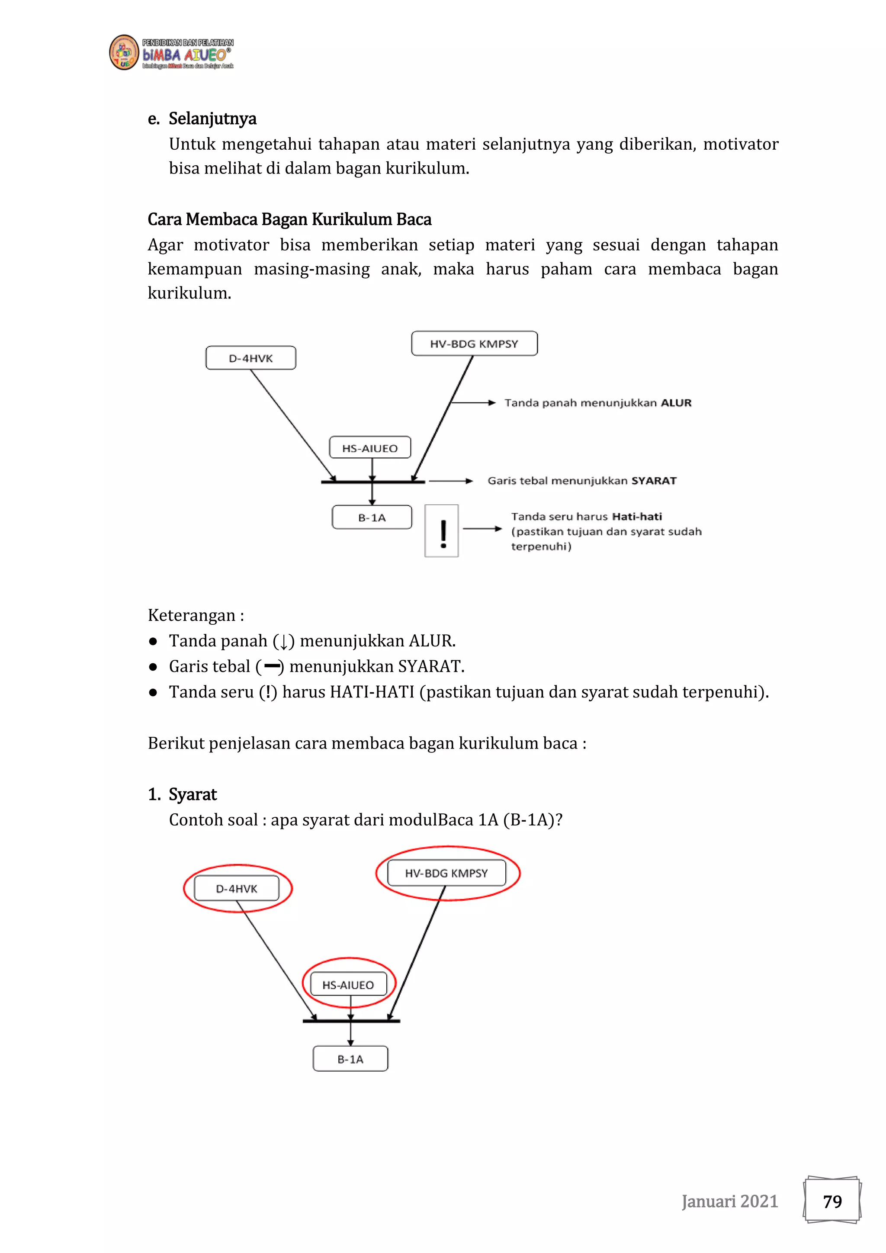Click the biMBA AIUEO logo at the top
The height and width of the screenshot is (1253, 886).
click(x=171, y=53)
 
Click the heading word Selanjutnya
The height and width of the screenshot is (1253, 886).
click(x=212, y=119)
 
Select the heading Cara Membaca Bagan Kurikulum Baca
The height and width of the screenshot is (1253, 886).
click(x=289, y=219)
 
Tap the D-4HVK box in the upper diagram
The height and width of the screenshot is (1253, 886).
click(x=250, y=358)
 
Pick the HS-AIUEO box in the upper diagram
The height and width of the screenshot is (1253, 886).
click(x=369, y=448)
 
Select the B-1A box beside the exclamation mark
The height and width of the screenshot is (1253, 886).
click(x=372, y=517)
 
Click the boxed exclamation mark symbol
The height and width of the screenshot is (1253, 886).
click(x=442, y=531)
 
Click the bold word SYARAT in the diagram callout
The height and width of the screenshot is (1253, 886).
click(x=654, y=481)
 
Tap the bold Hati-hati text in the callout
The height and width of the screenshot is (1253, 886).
click(x=637, y=516)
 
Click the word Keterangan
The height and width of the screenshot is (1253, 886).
click(x=192, y=615)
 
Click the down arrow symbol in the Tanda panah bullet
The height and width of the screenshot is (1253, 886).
click(x=283, y=641)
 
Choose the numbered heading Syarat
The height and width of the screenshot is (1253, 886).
click(x=192, y=794)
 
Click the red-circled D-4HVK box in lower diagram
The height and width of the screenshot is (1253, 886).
click(x=237, y=888)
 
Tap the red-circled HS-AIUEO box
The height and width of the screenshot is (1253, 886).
click(x=348, y=984)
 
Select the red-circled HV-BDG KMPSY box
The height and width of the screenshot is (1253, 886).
click(x=446, y=873)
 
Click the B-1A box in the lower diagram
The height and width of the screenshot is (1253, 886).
click(x=350, y=1059)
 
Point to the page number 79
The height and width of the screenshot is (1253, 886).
click(x=832, y=1201)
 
